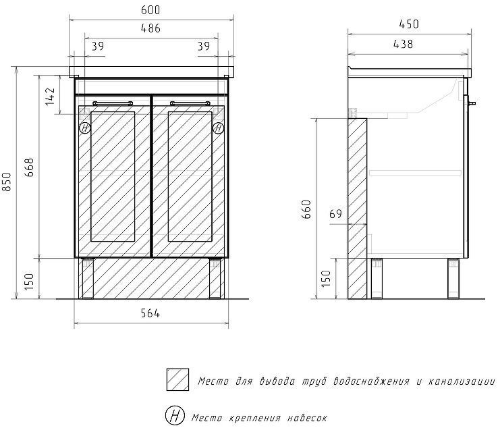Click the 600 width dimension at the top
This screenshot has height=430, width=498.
pyautogui.click(x=150, y=10)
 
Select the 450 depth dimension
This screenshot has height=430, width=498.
pyautogui.click(x=408, y=24)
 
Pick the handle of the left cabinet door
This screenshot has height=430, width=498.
pyautogui.click(x=112, y=103)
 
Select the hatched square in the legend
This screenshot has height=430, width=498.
pyautogui.click(x=177, y=380)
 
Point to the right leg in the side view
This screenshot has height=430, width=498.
pyautogui.click(x=451, y=278)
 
